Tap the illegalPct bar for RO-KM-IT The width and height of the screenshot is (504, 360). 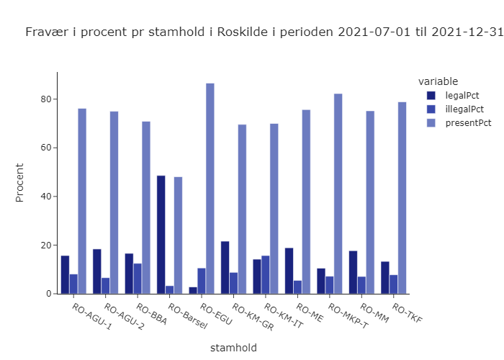tap(266, 274)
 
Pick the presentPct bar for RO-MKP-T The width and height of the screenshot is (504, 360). tap(338, 194)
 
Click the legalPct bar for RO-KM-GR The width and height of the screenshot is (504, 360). tap(225, 267)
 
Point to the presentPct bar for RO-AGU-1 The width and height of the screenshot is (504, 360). tap(82, 201)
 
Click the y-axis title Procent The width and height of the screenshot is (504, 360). tap(20, 183)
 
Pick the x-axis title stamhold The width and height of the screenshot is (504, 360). tap(233, 348)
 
